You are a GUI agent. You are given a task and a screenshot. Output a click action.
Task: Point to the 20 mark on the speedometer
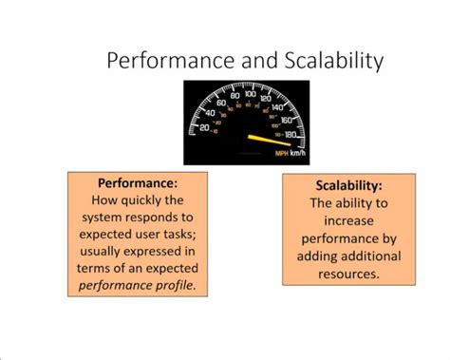[203, 126]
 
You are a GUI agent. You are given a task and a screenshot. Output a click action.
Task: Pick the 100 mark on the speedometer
[250, 95]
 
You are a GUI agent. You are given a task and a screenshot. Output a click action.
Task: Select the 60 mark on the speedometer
[222, 102]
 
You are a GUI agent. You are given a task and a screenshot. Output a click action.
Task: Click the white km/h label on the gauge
[301, 152]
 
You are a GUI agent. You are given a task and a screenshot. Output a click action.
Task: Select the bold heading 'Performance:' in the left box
[139, 182]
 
